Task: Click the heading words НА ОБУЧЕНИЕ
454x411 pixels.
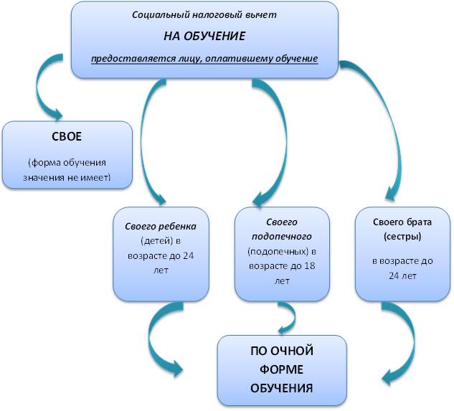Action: pyautogui.click(x=204, y=35)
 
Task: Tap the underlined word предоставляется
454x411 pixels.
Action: pyautogui.click(x=126, y=58)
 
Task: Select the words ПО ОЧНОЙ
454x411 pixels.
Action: pyautogui.click(x=282, y=351)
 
